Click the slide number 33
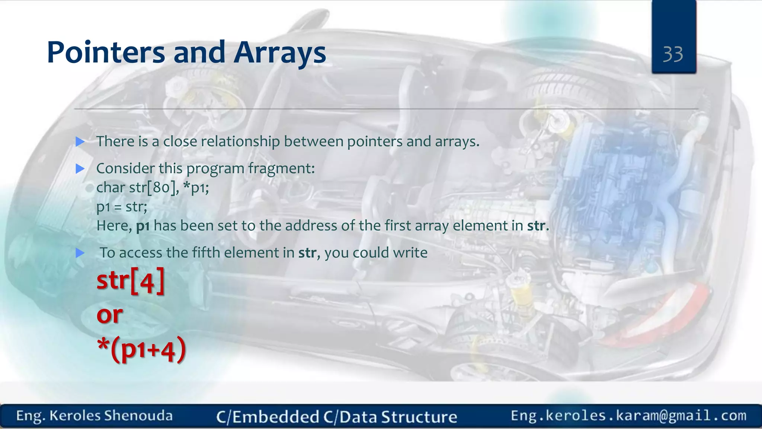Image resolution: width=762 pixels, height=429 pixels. (x=673, y=54)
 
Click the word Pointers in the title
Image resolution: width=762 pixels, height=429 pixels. (x=106, y=53)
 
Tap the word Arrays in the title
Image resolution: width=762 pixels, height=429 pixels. (x=280, y=53)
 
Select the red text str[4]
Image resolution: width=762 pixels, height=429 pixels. (x=130, y=281)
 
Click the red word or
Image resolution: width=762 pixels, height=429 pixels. (x=109, y=315)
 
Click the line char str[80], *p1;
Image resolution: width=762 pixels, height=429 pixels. (x=153, y=187)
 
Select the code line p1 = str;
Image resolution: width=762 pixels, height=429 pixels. (x=122, y=207)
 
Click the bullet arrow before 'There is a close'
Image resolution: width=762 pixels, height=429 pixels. (x=80, y=142)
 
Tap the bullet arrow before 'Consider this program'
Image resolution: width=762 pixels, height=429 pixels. (x=80, y=169)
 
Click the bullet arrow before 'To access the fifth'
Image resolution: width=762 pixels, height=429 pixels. (x=80, y=253)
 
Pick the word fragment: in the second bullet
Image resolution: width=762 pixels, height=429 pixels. (x=281, y=169)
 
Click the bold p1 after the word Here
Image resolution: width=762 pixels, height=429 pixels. (x=143, y=226)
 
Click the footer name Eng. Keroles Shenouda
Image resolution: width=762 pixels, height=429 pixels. (x=95, y=416)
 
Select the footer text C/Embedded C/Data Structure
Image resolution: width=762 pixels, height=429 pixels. (x=336, y=417)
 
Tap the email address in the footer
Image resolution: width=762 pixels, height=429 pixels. (x=628, y=416)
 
